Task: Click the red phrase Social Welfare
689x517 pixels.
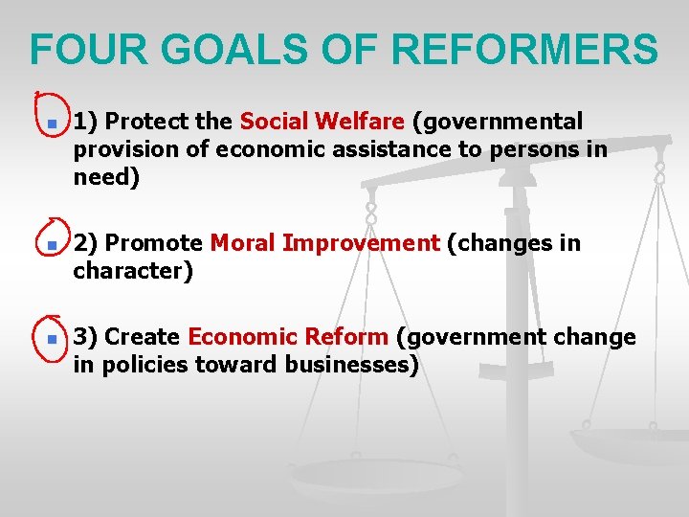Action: pos(322,123)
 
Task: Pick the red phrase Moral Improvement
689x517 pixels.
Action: pos(324,243)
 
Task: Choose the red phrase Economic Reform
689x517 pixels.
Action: pos(288,337)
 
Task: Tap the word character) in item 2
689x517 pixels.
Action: pos(133,271)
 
